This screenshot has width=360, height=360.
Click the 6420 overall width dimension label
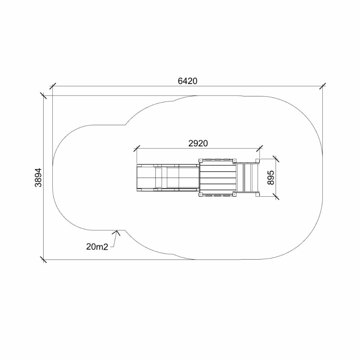point(188,81)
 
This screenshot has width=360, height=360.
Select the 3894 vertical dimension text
point(38,178)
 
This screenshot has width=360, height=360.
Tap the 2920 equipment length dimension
point(198,144)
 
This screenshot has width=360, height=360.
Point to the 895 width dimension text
point(271,178)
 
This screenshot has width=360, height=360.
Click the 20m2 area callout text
point(97,247)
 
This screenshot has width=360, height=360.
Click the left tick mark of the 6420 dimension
point(52,86)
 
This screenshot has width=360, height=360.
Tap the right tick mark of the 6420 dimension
point(322,86)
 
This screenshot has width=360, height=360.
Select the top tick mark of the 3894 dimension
point(43,96)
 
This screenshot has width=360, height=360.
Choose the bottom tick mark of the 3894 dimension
point(43,260)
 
